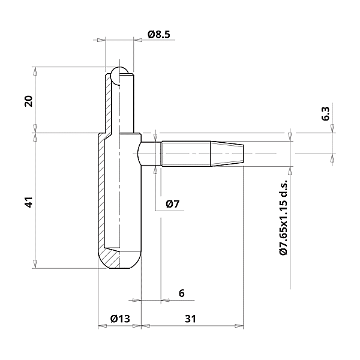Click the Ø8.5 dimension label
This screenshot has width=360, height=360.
coord(159,35)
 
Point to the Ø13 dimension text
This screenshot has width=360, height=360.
coord(120,319)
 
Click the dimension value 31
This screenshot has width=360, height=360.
coord(190,319)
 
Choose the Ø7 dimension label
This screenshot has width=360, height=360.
coord(173,205)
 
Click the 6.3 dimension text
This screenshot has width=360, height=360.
coord(325,113)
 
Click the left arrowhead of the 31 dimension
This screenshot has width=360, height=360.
coord(145,327)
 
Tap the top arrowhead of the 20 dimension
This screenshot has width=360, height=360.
coord(35,70)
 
